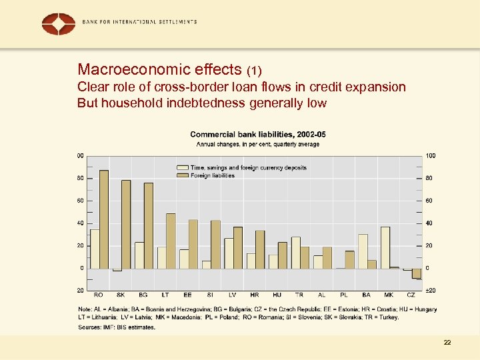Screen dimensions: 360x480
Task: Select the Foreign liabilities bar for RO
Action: point(103,219)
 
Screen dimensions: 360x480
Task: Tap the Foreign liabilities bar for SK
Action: point(126,224)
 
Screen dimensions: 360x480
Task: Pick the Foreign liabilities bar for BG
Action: point(149,225)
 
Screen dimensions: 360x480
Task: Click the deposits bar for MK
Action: point(385,247)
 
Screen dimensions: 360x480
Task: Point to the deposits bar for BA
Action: point(363,251)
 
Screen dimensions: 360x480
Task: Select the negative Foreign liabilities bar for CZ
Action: point(417,273)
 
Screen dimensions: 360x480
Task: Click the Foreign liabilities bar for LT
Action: point(171,241)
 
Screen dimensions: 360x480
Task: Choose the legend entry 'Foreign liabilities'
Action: point(212,175)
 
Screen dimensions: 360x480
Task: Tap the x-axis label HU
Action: point(277,294)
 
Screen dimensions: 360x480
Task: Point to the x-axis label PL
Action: point(344,294)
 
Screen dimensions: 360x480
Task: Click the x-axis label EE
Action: point(188,294)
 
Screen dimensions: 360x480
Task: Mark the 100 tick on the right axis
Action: point(430,155)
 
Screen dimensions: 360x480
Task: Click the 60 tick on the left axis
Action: point(81,201)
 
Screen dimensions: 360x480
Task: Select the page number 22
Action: point(447,342)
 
